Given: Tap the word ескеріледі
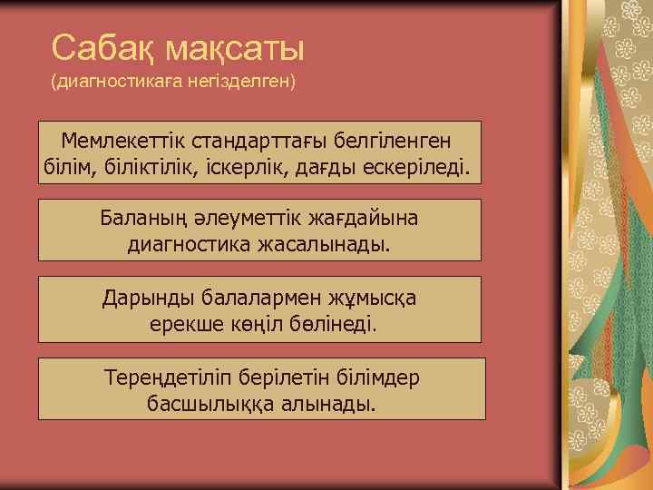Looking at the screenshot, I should pyautogui.click(x=415, y=167).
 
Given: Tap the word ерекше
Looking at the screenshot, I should pyautogui.click(x=184, y=323).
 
